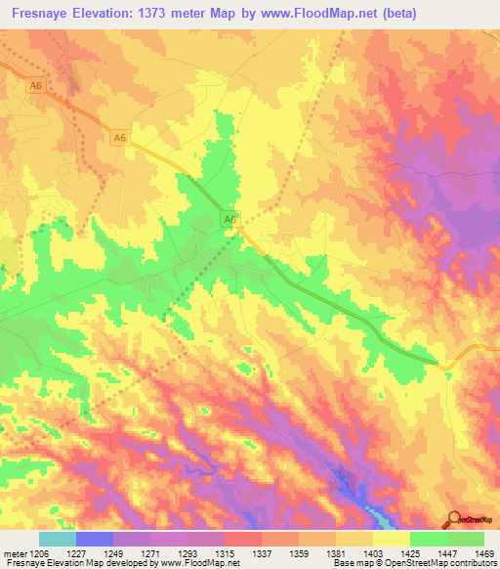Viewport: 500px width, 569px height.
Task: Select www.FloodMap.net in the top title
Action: point(320,14)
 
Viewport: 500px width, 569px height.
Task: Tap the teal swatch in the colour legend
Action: point(58,539)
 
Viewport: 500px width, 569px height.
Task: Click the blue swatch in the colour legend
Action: point(95,539)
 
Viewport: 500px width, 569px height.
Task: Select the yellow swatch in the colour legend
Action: point(392,539)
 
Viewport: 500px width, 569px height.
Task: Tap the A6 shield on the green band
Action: point(229,221)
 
